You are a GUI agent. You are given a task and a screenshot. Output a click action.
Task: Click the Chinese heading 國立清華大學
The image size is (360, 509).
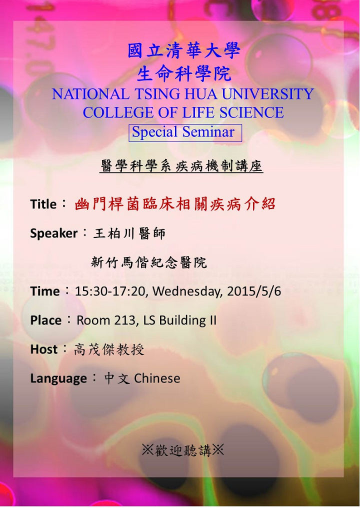pyautogui.click(x=184, y=51)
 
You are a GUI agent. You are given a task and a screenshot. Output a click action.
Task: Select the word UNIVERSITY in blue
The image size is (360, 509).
pyautogui.click(x=268, y=94)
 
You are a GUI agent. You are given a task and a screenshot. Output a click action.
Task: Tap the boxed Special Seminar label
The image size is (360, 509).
pyautogui.click(x=185, y=133)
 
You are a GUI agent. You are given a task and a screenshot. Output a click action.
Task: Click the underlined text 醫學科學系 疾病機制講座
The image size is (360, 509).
pyautogui.click(x=181, y=166)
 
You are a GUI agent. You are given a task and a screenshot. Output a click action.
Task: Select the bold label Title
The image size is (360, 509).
pyautogui.click(x=43, y=204)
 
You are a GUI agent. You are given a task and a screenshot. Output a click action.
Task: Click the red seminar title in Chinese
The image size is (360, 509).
pyautogui.click(x=175, y=204)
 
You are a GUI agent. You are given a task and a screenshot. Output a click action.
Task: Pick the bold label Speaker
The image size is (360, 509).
pyautogui.click(x=53, y=233)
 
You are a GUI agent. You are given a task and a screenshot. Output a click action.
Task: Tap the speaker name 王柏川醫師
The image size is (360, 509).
pyautogui.click(x=129, y=233)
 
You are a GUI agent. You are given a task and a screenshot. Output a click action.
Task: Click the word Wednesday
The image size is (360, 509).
pyautogui.click(x=187, y=291)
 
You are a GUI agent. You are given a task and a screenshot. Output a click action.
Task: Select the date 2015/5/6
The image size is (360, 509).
pyautogui.click(x=254, y=291)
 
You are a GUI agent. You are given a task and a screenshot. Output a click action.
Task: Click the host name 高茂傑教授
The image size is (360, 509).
pyautogui.click(x=109, y=349)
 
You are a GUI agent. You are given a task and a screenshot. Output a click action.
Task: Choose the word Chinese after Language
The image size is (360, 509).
pyautogui.click(x=157, y=378)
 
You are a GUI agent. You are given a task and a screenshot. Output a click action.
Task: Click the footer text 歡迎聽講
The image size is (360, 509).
pyautogui.click(x=183, y=450)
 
